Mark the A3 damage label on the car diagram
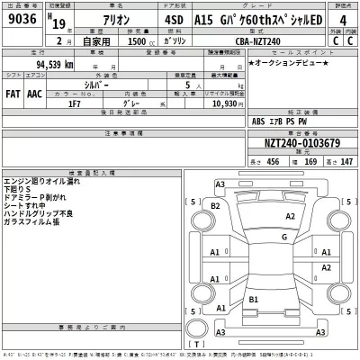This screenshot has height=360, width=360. tap(220, 185)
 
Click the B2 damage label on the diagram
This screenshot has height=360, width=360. tap(215, 206)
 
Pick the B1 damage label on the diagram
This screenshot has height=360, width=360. tap(255, 298)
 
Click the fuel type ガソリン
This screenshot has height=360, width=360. tap(168, 40)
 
